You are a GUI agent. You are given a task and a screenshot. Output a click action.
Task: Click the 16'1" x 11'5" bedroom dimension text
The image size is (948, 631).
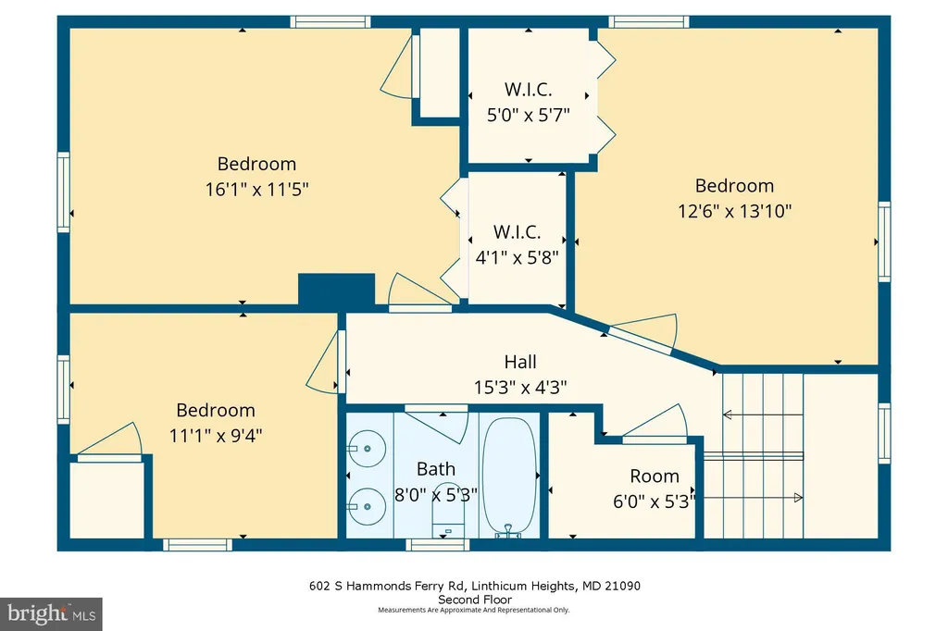click(257, 189)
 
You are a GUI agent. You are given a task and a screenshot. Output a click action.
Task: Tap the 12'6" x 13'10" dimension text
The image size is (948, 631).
click(734, 211)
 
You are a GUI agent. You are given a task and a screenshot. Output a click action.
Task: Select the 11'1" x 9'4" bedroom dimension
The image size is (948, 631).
click(216, 435)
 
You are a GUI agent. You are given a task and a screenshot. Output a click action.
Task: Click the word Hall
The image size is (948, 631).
click(520, 362)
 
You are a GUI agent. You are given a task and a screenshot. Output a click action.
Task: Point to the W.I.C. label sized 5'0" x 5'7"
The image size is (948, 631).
click(529, 90)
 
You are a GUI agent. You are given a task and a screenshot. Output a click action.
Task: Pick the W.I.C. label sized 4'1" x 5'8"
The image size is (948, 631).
click(517, 232)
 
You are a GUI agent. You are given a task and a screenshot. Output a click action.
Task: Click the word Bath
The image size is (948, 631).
click(436, 469)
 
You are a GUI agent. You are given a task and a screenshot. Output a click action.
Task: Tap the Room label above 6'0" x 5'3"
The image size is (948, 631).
click(655, 476)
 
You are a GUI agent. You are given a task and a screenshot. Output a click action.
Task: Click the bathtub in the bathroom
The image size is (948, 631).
click(510, 475)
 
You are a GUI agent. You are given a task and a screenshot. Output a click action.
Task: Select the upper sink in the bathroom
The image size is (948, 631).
click(367, 449)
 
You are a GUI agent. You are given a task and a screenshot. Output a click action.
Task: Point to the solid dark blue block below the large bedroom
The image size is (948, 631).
click(337, 290)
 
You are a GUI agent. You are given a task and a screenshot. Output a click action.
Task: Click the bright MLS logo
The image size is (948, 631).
click(52, 614)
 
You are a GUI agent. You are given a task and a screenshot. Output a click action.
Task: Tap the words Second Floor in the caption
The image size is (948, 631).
click(475, 600)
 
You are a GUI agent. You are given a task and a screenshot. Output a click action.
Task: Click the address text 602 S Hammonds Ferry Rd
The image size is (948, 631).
click(386, 586)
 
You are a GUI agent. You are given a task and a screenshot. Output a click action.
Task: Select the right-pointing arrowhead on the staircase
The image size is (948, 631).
click(798, 498)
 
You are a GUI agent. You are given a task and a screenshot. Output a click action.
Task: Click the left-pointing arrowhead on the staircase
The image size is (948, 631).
click(728, 414)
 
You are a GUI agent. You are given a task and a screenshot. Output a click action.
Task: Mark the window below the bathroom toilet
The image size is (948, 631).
click(438, 545)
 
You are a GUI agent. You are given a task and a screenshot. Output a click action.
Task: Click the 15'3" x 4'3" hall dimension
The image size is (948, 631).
click(520, 387)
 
